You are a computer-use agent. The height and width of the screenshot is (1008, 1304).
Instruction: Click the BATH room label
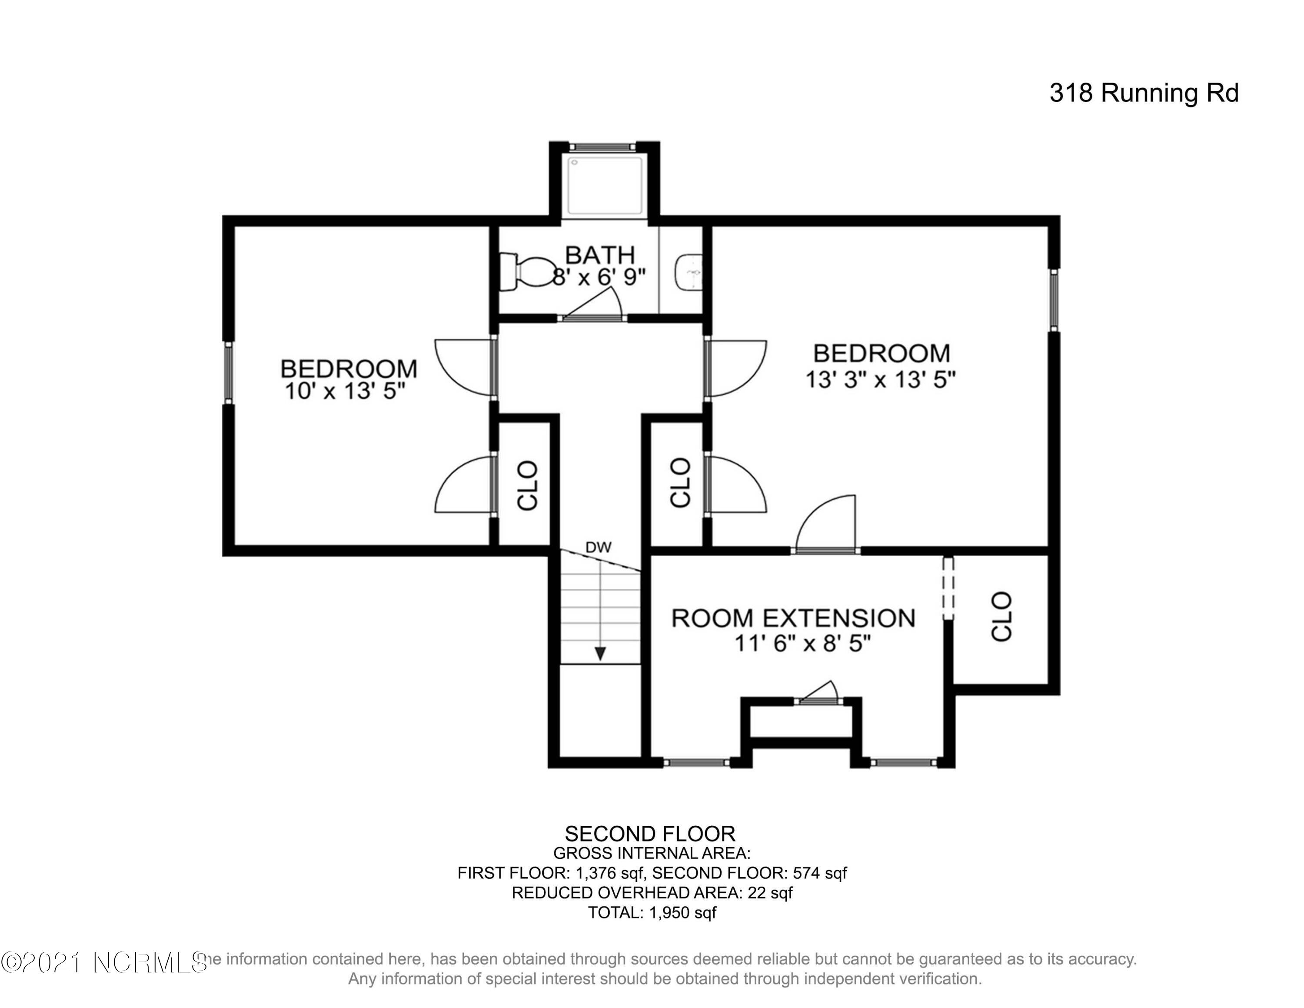coord(599,255)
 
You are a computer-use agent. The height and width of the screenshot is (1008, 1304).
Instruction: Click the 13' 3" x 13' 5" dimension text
coord(881,380)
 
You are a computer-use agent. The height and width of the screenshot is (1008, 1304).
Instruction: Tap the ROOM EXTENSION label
coord(793,618)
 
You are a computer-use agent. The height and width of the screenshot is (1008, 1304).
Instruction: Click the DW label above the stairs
coord(598,547)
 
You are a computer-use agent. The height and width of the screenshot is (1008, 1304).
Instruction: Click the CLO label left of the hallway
coord(528,485)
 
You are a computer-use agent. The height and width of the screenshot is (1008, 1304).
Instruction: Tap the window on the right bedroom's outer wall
coord(1055,300)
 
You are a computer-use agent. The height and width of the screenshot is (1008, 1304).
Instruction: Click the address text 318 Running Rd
coord(1144,93)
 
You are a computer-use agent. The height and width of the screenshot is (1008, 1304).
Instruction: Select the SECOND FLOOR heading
coord(650,834)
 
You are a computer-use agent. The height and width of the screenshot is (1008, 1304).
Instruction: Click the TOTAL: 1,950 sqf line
coord(652,912)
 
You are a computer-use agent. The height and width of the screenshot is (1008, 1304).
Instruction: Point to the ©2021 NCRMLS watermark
coord(104,962)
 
